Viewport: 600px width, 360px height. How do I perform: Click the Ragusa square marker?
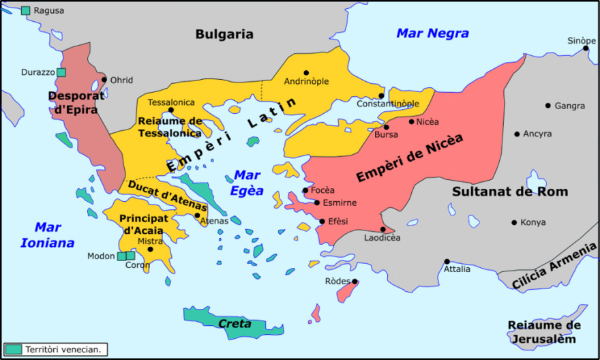tap(26, 10)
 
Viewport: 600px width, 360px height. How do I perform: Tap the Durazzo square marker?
tap(61, 72)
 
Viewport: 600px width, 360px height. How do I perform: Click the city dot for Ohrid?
tap(104, 80)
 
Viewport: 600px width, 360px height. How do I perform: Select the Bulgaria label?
tap(224, 34)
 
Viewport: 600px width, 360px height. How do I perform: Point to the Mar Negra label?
tap(433, 33)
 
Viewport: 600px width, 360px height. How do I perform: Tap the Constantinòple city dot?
tap(381, 96)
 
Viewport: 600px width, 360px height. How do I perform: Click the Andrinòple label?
tap(306, 81)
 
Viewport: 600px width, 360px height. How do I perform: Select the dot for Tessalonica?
tap(170, 110)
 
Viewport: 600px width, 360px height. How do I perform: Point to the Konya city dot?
tap(514, 222)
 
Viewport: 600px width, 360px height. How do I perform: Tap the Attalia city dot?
tap(447, 261)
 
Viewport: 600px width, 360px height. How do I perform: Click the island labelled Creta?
tap(235, 324)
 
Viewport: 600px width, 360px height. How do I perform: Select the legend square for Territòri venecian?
tap(13, 350)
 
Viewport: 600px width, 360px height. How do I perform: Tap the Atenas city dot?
tap(198, 215)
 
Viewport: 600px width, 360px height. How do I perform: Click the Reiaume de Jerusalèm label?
tap(543, 332)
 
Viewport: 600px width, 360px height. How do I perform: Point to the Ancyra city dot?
tap(517, 134)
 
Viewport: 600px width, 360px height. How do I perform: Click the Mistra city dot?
tap(150, 250)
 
